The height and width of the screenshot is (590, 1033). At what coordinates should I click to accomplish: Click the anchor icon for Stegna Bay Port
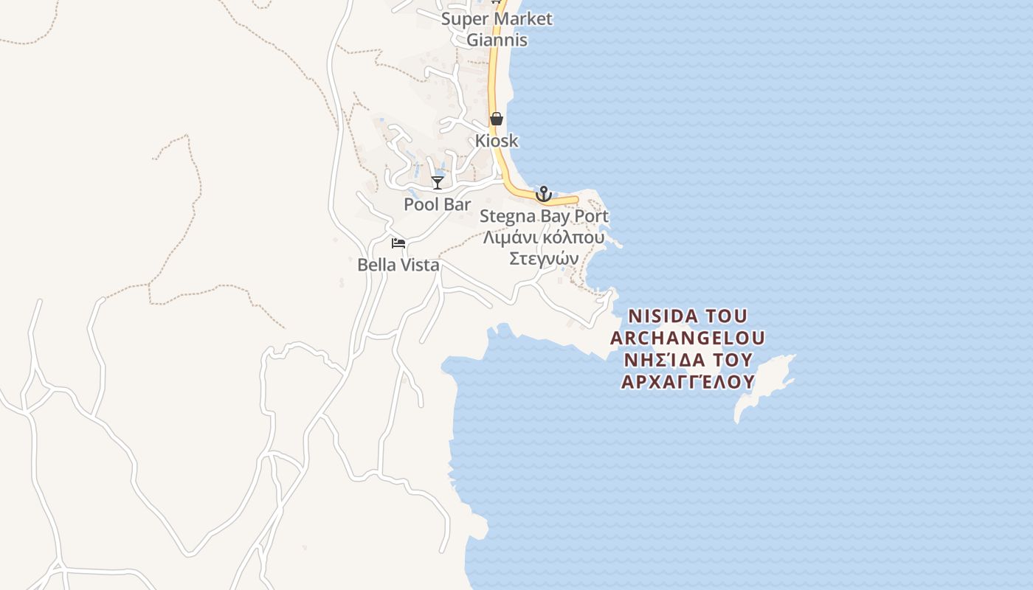click(543, 194)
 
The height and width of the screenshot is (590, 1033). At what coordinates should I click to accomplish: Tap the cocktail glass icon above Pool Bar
click(438, 182)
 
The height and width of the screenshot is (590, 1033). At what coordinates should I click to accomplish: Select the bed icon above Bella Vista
click(398, 243)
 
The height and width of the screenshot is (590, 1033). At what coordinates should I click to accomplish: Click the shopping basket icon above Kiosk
click(497, 119)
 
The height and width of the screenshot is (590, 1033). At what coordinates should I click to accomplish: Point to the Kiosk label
click(497, 140)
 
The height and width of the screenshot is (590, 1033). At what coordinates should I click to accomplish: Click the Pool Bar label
click(437, 204)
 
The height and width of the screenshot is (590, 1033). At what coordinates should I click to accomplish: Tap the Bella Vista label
click(398, 265)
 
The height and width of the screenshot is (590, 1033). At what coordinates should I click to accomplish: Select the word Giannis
click(497, 40)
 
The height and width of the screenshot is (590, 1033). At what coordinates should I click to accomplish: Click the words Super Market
click(497, 19)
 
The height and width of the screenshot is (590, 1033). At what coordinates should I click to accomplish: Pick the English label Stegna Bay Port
click(544, 216)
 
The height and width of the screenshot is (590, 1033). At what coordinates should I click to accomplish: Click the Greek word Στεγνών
click(544, 259)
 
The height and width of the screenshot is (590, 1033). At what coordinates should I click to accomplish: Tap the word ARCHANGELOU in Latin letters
click(688, 338)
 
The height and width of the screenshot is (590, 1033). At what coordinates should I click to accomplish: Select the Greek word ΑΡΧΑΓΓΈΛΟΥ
click(688, 381)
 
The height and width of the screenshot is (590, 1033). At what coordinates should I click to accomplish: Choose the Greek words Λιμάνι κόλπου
click(544, 237)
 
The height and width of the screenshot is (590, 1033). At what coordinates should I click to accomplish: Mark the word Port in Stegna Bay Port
click(592, 216)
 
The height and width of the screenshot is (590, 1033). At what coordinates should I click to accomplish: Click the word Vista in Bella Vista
click(420, 265)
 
